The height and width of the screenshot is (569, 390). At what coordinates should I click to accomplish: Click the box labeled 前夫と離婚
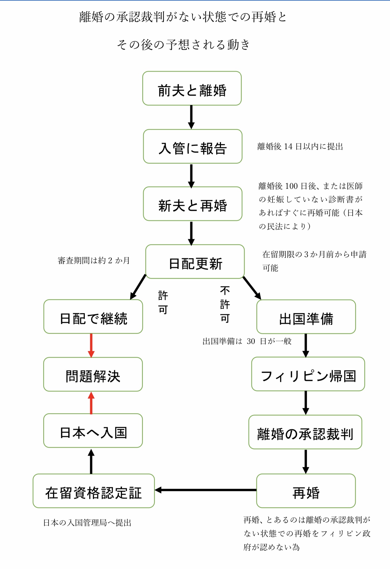192,88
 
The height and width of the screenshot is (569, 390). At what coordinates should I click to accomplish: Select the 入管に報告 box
192,146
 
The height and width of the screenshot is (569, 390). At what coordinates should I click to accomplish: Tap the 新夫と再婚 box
192,204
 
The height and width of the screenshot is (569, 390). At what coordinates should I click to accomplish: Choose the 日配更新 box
195,262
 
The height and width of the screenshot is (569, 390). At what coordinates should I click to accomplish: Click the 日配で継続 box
93,317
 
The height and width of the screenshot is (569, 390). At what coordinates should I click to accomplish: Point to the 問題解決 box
93,374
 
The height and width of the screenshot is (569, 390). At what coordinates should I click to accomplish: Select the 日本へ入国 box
93,431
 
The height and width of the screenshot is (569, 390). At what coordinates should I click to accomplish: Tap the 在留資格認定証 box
93,491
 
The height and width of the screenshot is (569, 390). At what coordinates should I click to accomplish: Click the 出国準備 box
306,317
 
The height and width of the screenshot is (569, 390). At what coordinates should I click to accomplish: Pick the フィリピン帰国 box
308,374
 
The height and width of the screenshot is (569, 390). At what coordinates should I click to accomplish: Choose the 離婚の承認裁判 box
305,432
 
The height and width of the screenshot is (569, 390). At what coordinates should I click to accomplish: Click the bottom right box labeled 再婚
306,491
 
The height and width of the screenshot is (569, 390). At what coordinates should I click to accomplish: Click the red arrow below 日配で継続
91,345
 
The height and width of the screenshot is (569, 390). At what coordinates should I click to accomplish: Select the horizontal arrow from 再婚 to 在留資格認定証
205,490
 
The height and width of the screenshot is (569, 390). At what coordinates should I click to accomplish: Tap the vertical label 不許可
225,304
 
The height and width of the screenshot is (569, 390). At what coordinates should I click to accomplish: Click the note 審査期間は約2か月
94,261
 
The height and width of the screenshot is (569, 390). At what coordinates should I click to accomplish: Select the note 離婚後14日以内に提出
300,146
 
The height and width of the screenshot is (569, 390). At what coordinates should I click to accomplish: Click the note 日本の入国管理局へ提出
87,523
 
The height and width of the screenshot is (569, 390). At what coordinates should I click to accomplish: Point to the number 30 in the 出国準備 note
251,341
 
